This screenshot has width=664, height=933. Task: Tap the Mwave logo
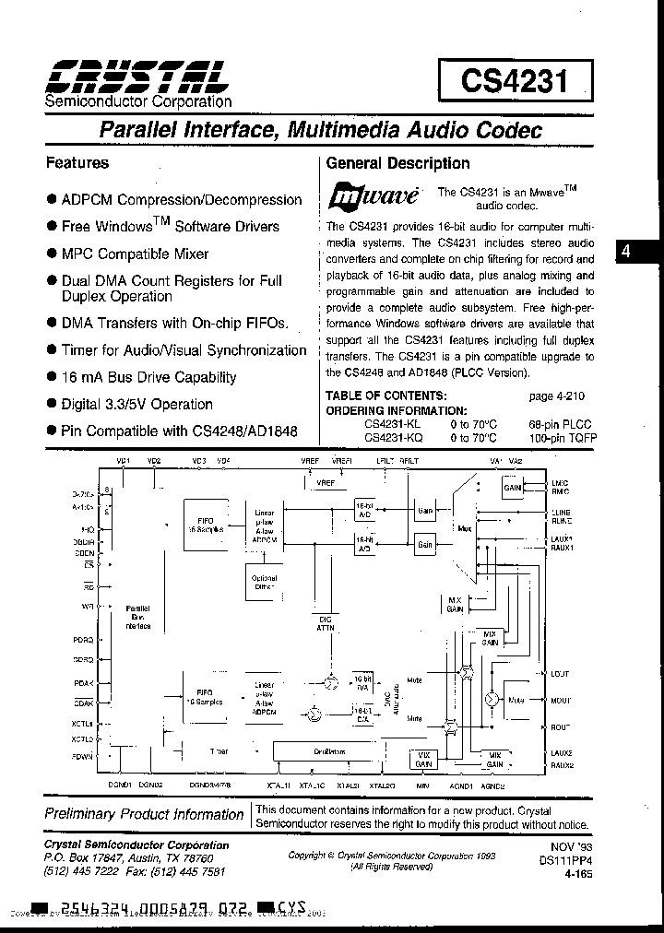[x=373, y=195]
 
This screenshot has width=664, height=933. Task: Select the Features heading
[x=77, y=163]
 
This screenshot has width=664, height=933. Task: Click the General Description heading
[x=398, y=163]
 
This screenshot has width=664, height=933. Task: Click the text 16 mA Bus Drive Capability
[x=148, y=377]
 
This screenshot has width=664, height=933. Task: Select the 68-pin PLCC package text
[x=562, y=423]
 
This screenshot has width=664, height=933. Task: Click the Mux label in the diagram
[x=463, y=529]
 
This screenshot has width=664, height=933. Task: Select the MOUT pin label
[x=561, y=701]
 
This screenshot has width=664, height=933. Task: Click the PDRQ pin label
[x=83, y=639]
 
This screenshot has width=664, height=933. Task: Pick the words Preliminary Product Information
[x=144, y=814]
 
